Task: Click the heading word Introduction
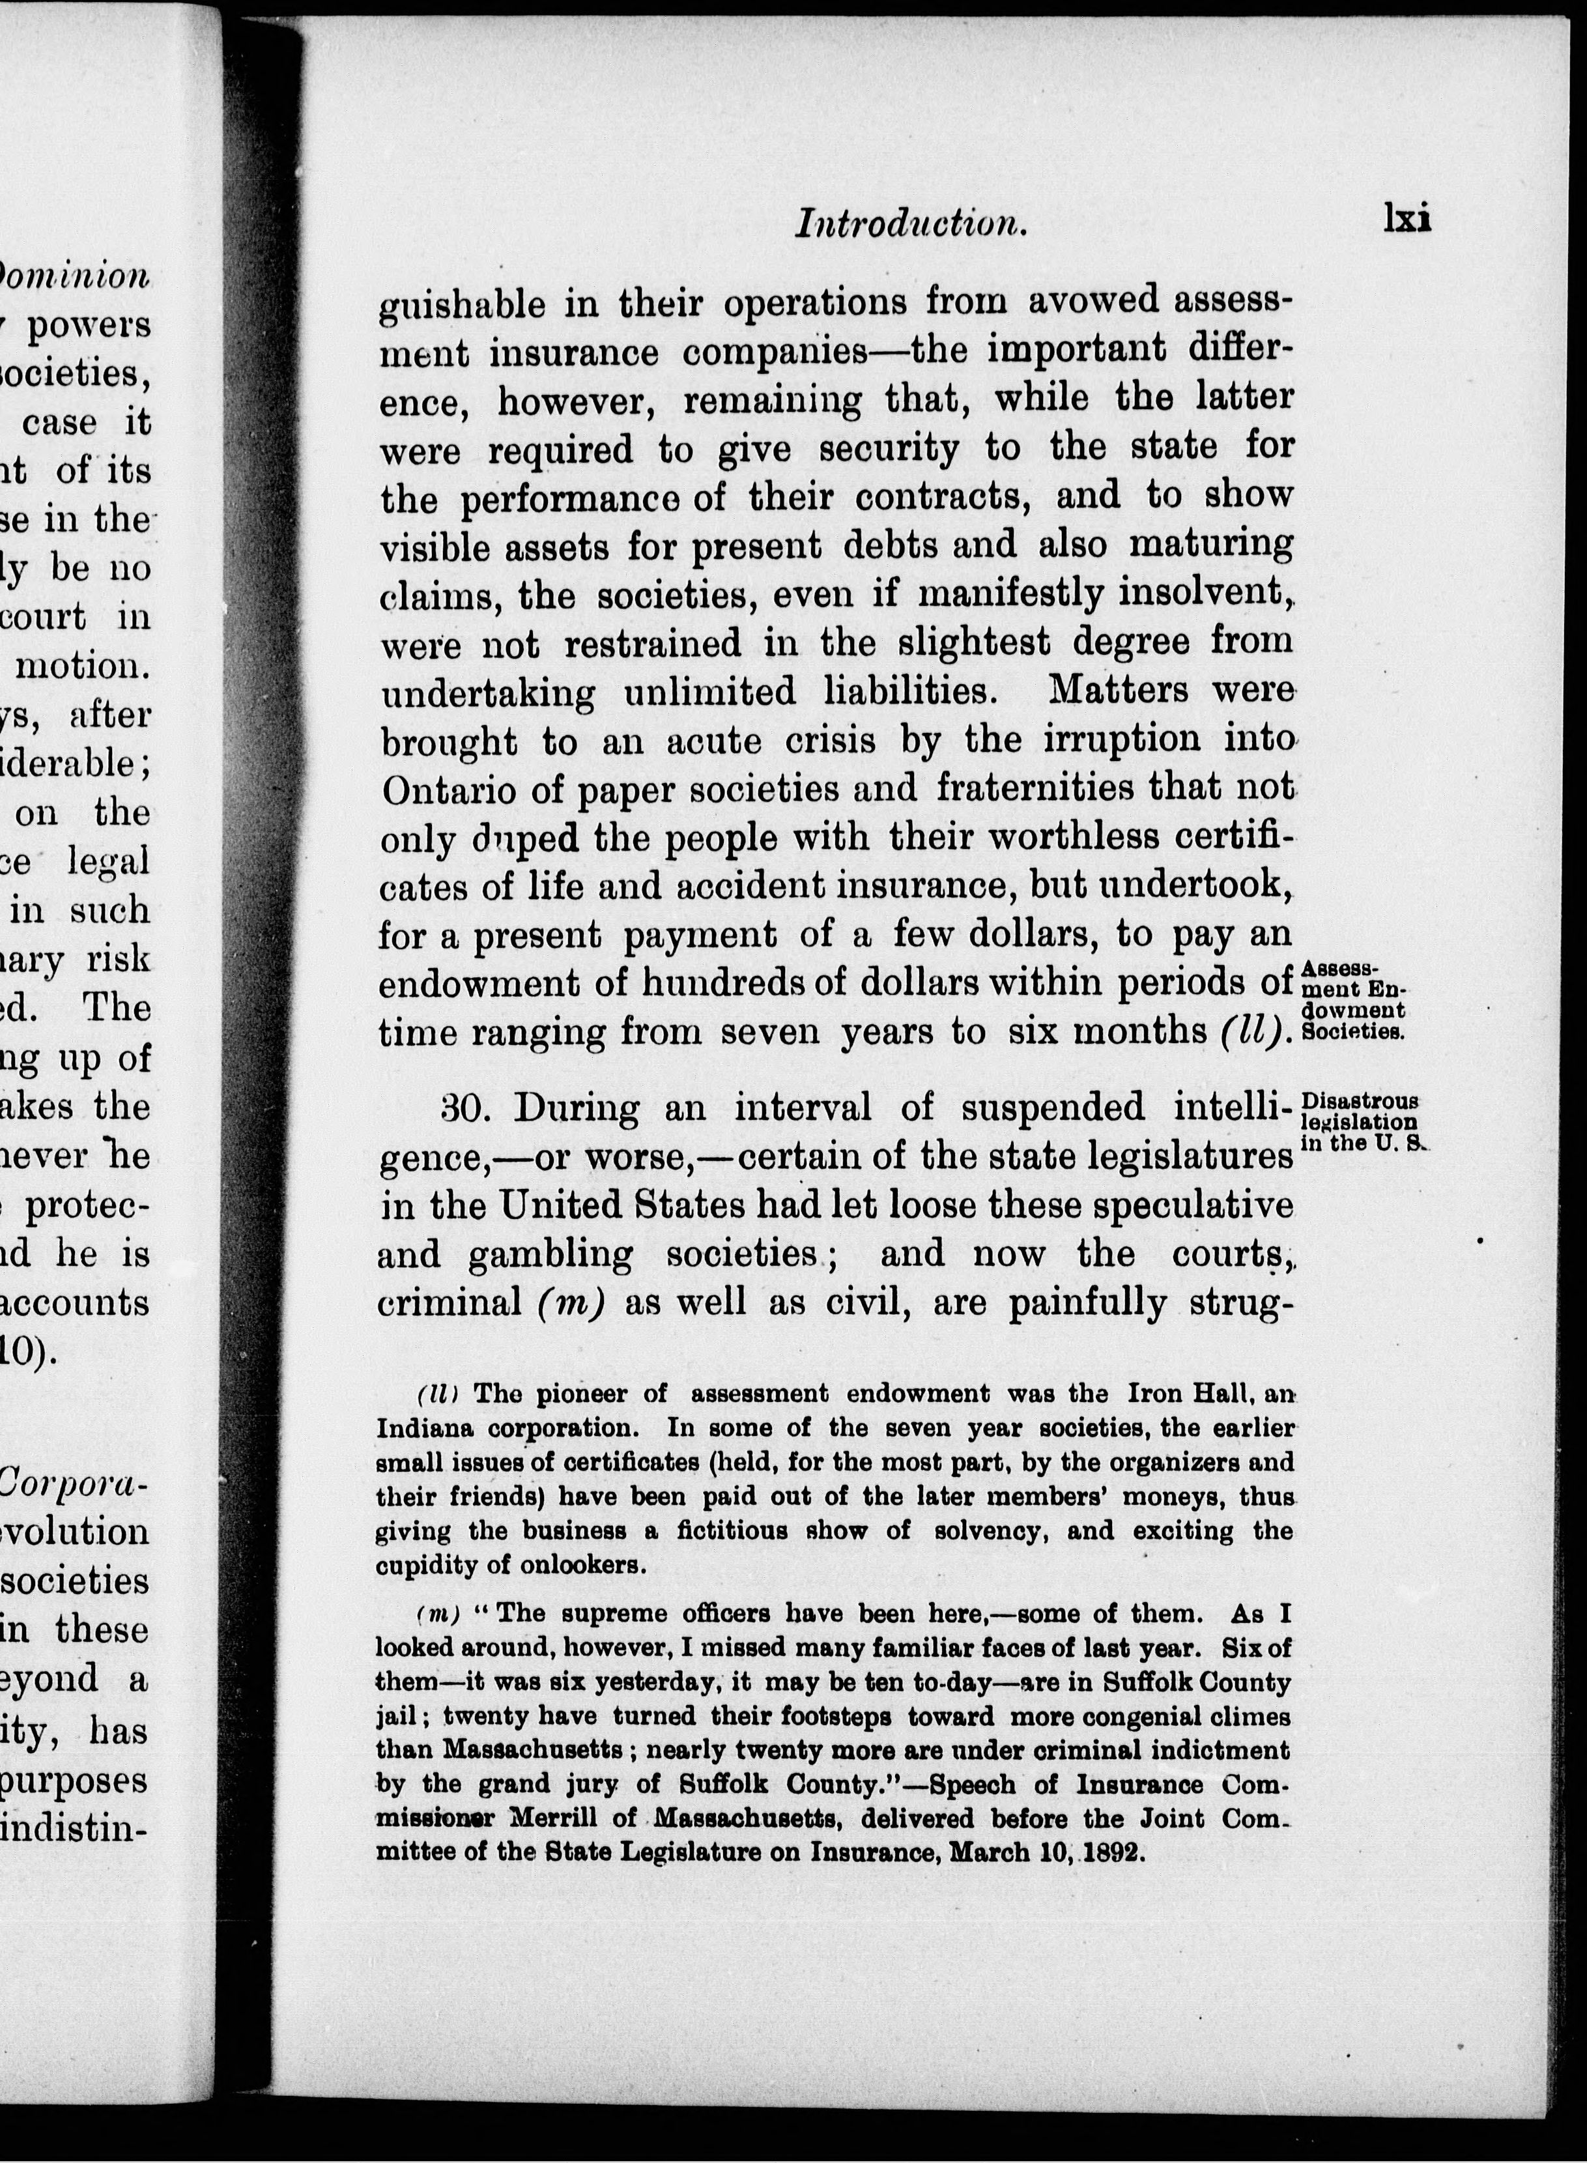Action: tap(911, 223)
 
